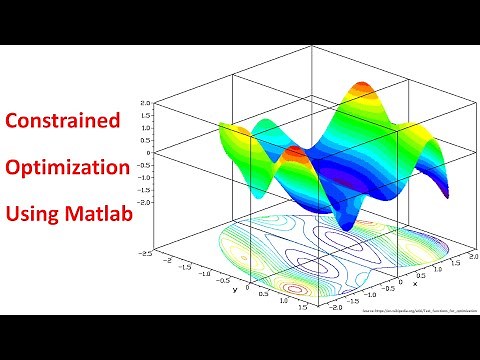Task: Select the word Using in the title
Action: pyautogui.click(x=33, y=213)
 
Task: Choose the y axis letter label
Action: pyautogui.click(x=234, y=291)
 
